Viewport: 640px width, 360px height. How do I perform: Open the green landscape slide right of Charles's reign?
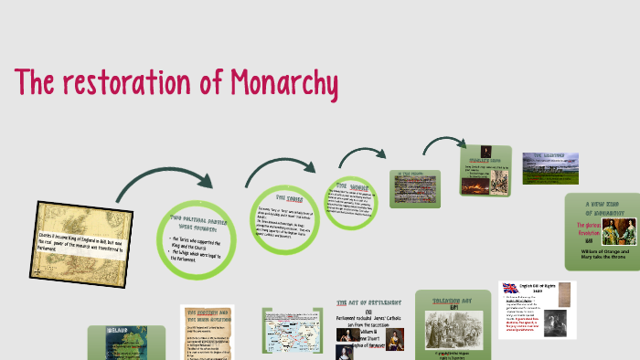[549, 168]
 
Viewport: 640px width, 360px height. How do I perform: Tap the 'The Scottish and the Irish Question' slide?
[208, 333]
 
